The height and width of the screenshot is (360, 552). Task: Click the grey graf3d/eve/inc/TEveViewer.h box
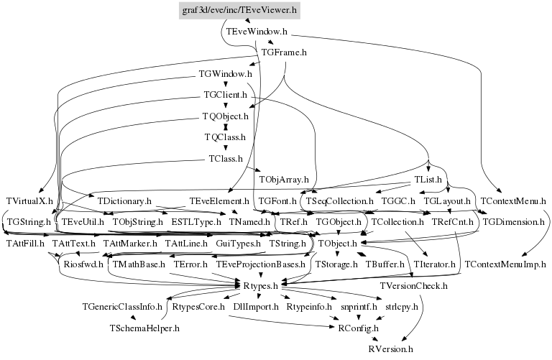click(x=239, y=10)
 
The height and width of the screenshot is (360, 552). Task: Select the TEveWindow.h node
click(x=257, y=32)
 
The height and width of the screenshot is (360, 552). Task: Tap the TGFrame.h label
click(x=284, y=53)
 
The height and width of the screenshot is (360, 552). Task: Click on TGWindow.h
click(x=225, y=74)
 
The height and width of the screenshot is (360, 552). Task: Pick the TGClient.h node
click(x=226, y=95)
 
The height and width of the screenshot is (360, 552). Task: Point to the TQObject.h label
click(x=226, y=116)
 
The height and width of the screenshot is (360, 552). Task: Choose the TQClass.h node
click(x=226, y=137)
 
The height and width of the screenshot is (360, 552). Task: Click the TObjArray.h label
click(x=284, y=179)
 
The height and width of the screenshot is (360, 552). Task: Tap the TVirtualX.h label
click(x=29, y=201)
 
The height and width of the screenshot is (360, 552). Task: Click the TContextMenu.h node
click(x=512, y=201)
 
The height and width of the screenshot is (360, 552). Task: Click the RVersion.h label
click(x=390, y=349)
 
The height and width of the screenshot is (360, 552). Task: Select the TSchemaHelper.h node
click(x=144, y=328)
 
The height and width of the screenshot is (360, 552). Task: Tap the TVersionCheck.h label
click(x=413, y=286)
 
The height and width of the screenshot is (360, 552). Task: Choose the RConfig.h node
click(x=356, y=328)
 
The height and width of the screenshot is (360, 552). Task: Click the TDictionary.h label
click(x=124, y=201)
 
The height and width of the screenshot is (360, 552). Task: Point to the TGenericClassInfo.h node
click(x=121, y=307)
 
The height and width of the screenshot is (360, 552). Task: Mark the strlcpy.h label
click(x=405, y=307)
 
